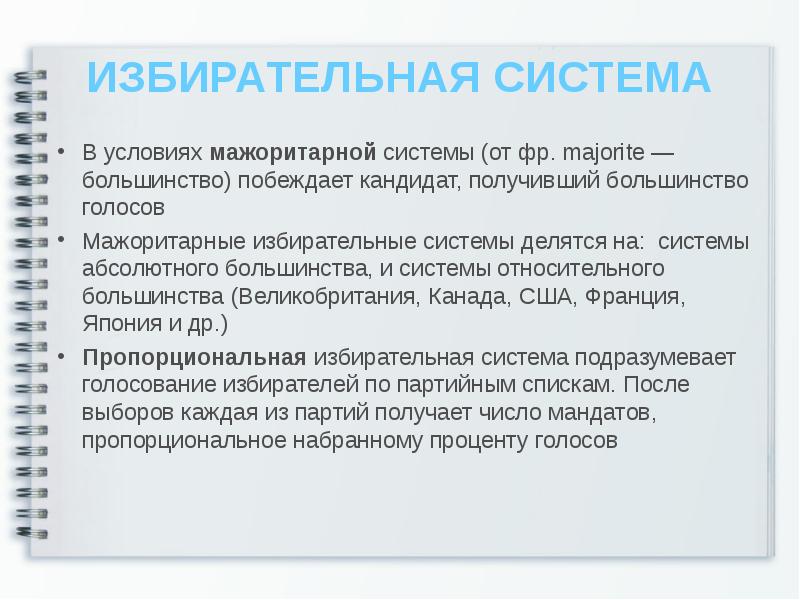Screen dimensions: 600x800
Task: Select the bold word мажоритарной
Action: coord(292,154)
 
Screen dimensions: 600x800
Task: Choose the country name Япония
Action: coord(119,325)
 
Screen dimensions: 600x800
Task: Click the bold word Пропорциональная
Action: coord(194,357)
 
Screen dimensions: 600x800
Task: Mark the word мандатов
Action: coord(594,412)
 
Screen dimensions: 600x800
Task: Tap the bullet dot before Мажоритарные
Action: coord(63,242)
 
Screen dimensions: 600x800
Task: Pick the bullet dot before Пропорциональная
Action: coord(63,358)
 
